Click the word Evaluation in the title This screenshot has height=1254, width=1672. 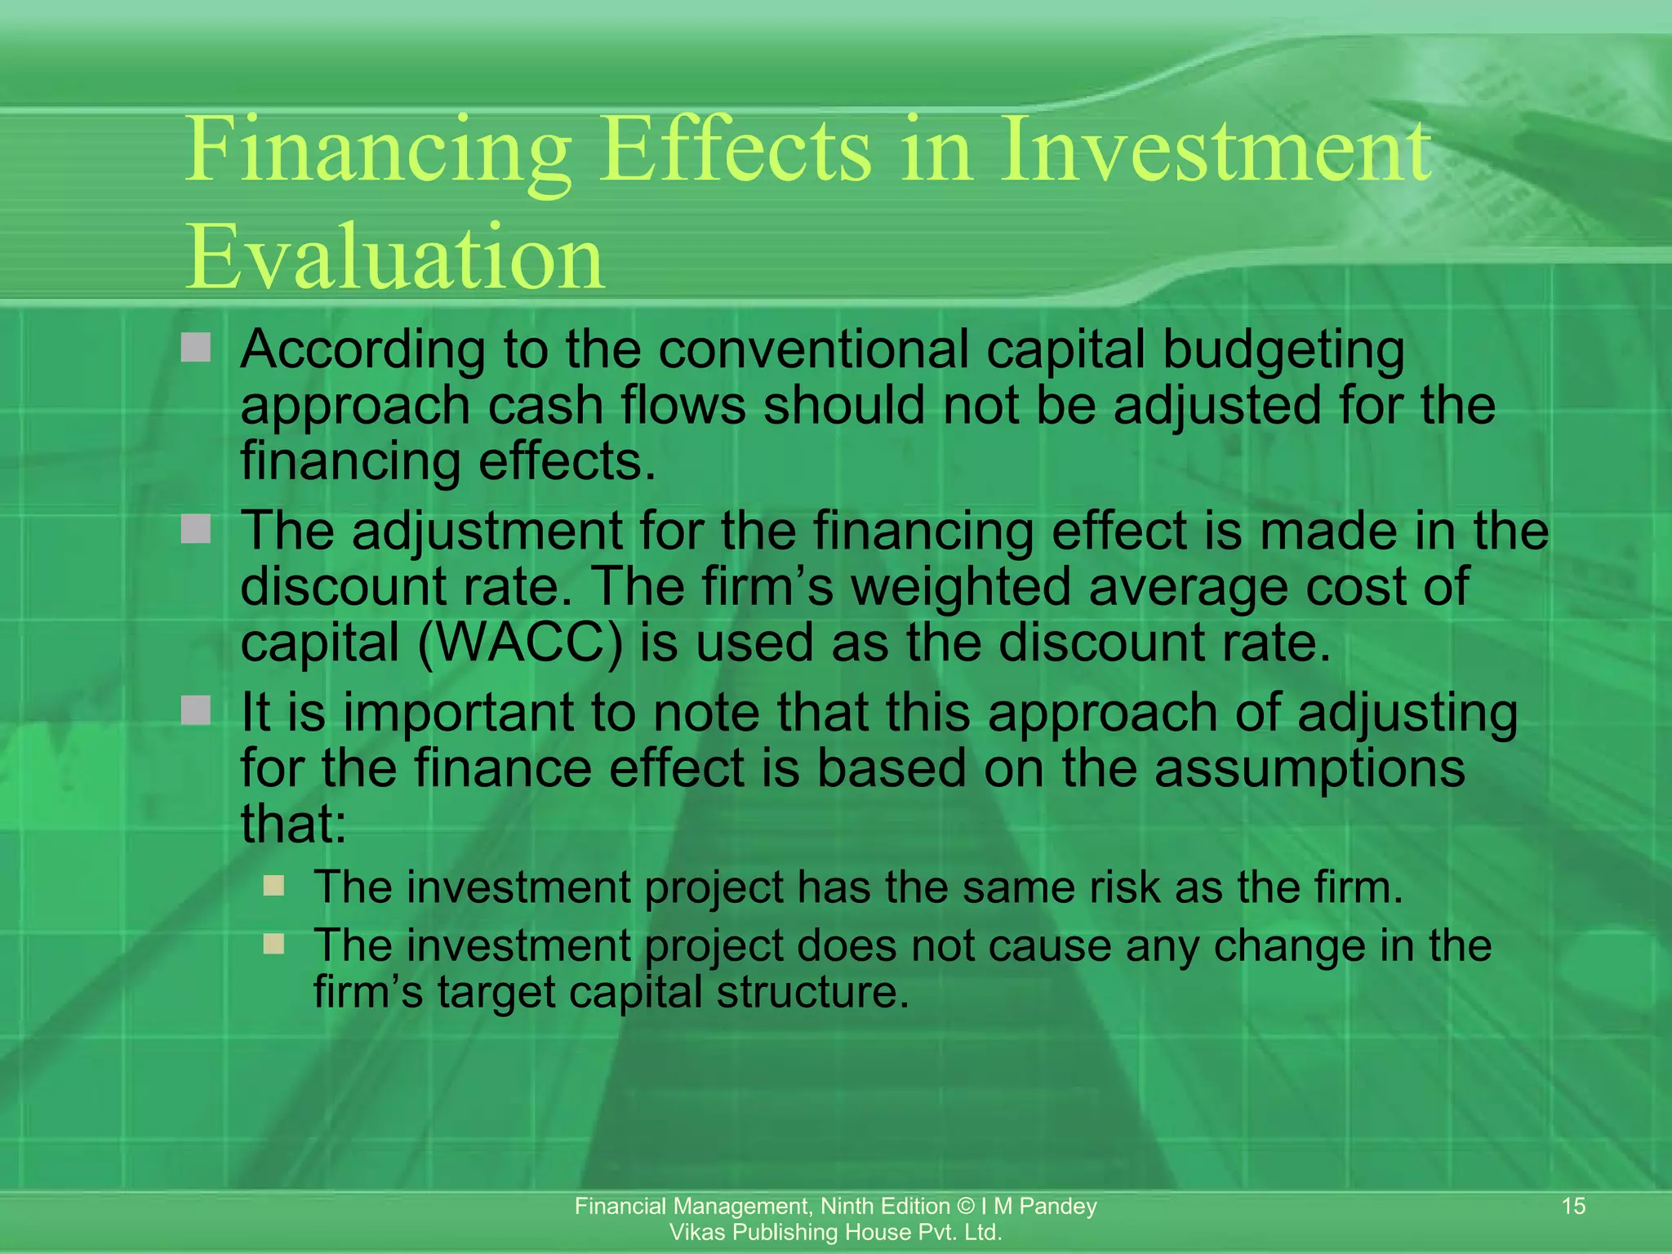(395, 257)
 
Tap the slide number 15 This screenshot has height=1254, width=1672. (1573, 1206)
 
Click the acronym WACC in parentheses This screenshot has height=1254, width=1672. (520, 643)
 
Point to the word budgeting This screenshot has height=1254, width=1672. (1283, 351)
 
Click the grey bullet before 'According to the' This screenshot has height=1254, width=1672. (196, 348)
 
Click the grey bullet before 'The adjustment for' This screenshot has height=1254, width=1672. (196, 530)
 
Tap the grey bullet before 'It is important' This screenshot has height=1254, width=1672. (196, 710)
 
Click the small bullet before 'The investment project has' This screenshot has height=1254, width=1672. (273, 886)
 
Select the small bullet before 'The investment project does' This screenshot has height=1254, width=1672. (273, 945)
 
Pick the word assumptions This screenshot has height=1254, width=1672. (1310, 768)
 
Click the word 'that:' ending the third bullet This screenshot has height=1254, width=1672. (293, 824)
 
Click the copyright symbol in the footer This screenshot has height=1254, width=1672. (966, 1207)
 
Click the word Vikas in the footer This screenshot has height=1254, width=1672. (696, 1233)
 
